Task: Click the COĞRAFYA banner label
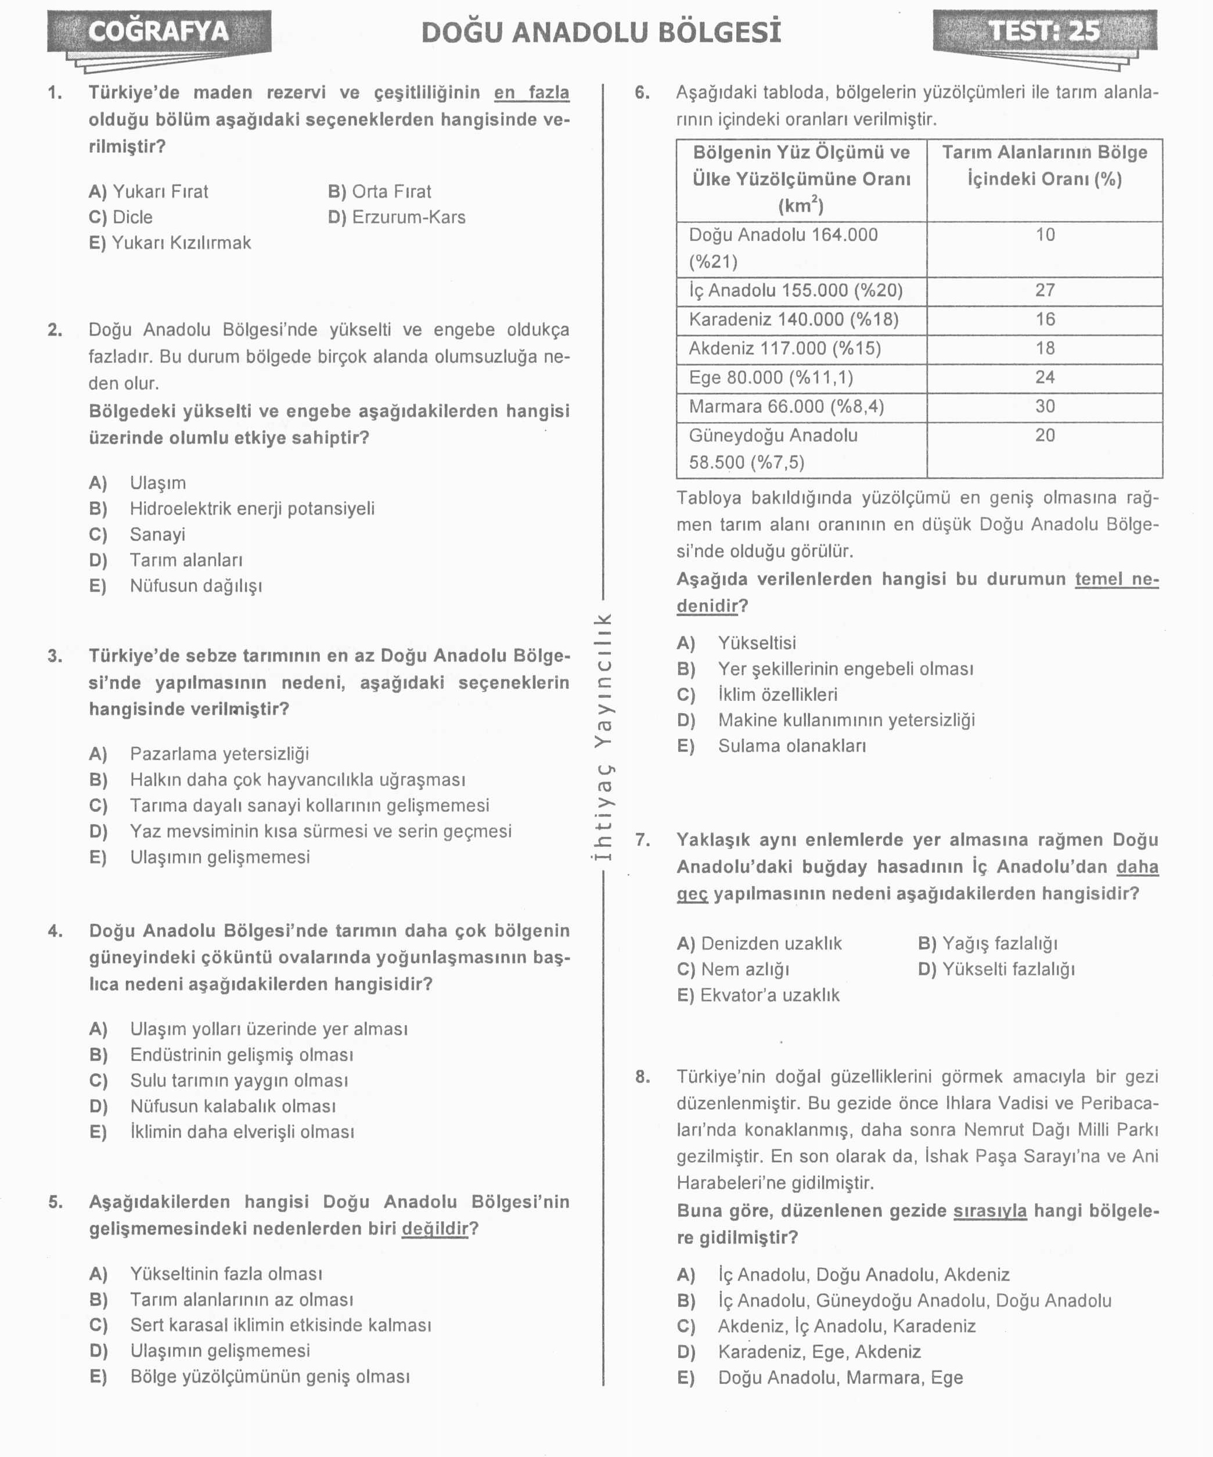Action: (x=158, y=32)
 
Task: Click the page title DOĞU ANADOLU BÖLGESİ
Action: (x=601, y=33)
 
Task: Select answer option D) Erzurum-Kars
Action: (x=396, y=217)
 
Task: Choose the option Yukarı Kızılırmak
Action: (x=170, y=243)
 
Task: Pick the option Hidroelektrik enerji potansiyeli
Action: (x=252, y=509)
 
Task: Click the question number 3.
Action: (x=55, y=656)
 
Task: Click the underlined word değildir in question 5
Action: (x=435, y=1228)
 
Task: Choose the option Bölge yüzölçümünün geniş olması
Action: (x=270, y=1376)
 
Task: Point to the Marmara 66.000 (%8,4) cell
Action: (x=786, y=406)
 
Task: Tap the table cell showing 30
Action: (x=1045, y=406)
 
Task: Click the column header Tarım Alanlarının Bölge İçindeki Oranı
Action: (x=1045, y=166)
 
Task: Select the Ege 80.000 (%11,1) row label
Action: (x=771, y=377)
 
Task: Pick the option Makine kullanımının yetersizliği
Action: (x=846, y=720)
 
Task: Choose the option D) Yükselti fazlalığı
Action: (x=996, y=969)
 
